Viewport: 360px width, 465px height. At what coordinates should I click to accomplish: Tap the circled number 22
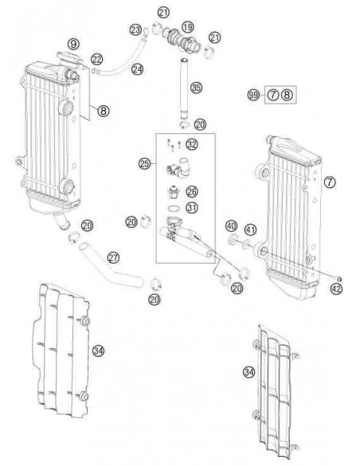click(x=96, y=59)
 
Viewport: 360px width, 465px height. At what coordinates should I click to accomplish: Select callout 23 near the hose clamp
click(x=135, y=30)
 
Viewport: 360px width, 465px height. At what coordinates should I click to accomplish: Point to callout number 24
click(x=138, y=70)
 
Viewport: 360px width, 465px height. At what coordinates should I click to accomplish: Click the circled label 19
click(x=188, y=27)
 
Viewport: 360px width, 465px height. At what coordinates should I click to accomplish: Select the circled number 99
click(x=254, y=96)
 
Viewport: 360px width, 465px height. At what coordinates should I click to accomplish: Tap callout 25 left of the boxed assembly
click(x=145, y=164)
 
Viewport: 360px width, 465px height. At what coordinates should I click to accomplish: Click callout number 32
click(x=192, y=144)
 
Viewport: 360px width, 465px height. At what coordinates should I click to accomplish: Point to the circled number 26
click(x=191, y=191)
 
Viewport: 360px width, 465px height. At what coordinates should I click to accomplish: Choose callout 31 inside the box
click(x=191, y=209)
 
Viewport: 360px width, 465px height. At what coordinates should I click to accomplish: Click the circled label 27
click(x=113, y=258)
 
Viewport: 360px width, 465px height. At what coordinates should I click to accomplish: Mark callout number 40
click(x=231, y=226)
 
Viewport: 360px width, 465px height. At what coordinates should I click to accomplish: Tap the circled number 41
click(x=250, y=231)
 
